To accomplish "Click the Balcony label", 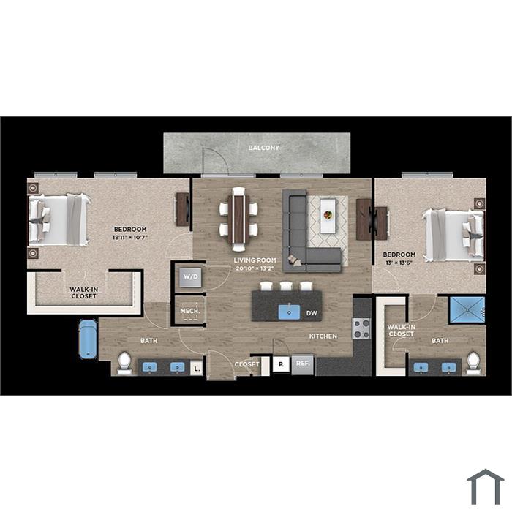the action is point(263,148).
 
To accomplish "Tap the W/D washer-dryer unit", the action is point(190,277).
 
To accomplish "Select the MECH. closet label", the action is point(190,311).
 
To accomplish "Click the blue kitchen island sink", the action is point(289,312).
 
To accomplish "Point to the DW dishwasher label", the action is point(312,313).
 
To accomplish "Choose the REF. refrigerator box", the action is point(303,364).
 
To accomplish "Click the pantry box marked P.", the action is point(281,364).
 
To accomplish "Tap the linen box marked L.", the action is point(196,369).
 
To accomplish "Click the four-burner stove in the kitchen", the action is point(361,329).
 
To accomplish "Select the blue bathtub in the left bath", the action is point(88,339).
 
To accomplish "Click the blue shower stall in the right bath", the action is point(467,310).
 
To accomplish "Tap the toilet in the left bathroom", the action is point(124,363).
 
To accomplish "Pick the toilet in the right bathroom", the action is point(473,363).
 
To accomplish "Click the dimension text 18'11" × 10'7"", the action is point(130,238).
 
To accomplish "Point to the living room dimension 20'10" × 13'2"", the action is point(255,268).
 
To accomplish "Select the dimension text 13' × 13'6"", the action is point(399,263).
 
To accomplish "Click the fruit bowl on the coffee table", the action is point(328,215).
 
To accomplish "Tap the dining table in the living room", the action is point(238,219).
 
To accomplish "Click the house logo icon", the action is point(486,486).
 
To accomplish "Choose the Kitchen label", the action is point(323,336).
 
